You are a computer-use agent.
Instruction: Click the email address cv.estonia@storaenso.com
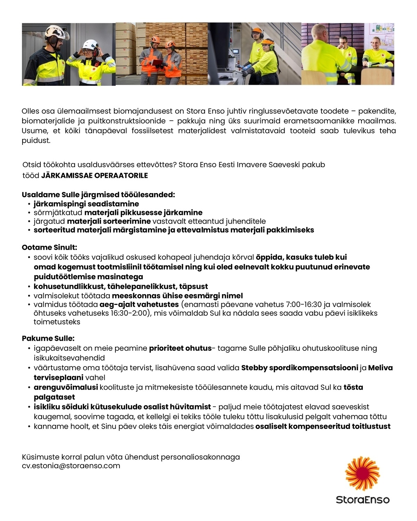(x=71, y=466)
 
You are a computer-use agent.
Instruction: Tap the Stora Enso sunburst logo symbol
(x=362, y=474)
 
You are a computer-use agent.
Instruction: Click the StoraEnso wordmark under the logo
(x=362, y=500)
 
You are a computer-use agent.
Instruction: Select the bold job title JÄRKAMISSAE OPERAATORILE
(x=95, y=175)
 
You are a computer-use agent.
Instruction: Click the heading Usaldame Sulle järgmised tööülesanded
(x=98, y=195)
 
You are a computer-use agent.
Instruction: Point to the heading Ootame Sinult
(x=49, y=248)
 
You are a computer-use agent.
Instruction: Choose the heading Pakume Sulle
(x=48, y=338)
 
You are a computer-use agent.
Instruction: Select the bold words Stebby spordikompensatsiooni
(x=300, y=368)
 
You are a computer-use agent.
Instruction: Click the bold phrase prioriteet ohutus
(x=180, y=348)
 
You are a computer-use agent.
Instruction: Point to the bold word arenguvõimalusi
(x=66, y=387)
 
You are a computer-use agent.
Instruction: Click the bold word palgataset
(x=54, y=397)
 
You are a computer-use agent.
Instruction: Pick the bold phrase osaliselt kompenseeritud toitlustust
(x=323, y=427)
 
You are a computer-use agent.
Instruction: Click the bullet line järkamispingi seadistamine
(x=86, y=204)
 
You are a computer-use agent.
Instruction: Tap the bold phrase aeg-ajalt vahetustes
(x=139, y=305)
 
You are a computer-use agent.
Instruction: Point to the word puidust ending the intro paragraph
(x=36, y=141)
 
